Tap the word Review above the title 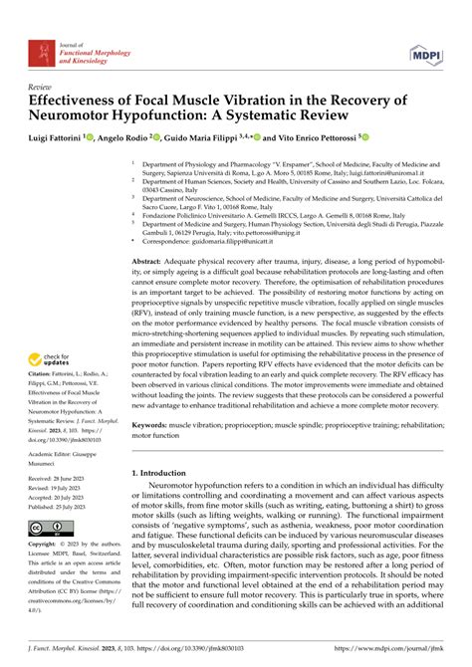click(x=43, y=87)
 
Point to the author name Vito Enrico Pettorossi click(x=317, y=136)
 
